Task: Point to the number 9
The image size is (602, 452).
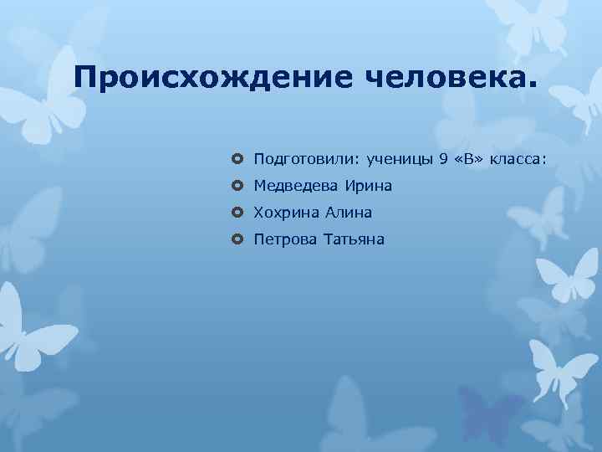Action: pyautogui.click(x=443, y=158)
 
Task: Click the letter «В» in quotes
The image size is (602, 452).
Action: pyautogui.click(x=472, y=158)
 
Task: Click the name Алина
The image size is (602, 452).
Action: pyautogui.click(x=349, y=213)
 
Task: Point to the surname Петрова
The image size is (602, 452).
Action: pyautogui.click(x=284, y=240)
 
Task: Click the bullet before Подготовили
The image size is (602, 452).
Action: pyautogui.click(x=237, y=158)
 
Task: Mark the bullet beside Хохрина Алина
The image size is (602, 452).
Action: pyautogui.click(x=237, y=213)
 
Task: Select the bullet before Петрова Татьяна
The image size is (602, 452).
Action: pyautogui.click(x=237, y=240)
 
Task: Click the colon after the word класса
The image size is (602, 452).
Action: pyautogui.click(x=544, y=159)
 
